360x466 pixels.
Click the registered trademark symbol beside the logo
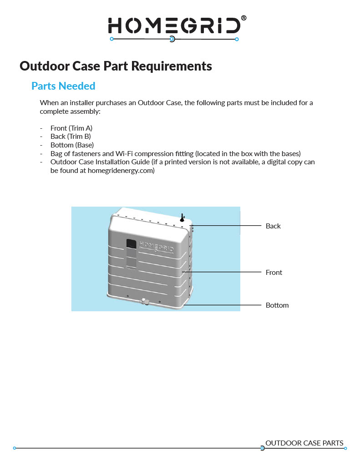[x=244, y=18]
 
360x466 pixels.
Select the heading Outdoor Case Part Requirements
[x=116, y=66]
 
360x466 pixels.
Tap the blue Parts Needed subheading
[x=63, y=86]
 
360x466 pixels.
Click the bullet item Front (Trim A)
[x=71, y=128]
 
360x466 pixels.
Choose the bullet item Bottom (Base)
[x=72, y=145]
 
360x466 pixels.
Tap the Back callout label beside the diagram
[x=273, y=226]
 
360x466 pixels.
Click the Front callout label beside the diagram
[x=274, y=273]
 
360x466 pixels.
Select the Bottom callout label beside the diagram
[x=277, y=305]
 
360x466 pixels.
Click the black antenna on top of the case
[x=182, y=218]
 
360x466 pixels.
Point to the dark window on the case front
[x=131, y=244]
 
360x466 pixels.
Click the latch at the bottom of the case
[x=145, y=301]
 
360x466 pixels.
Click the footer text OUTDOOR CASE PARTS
[x=304, y=443]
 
